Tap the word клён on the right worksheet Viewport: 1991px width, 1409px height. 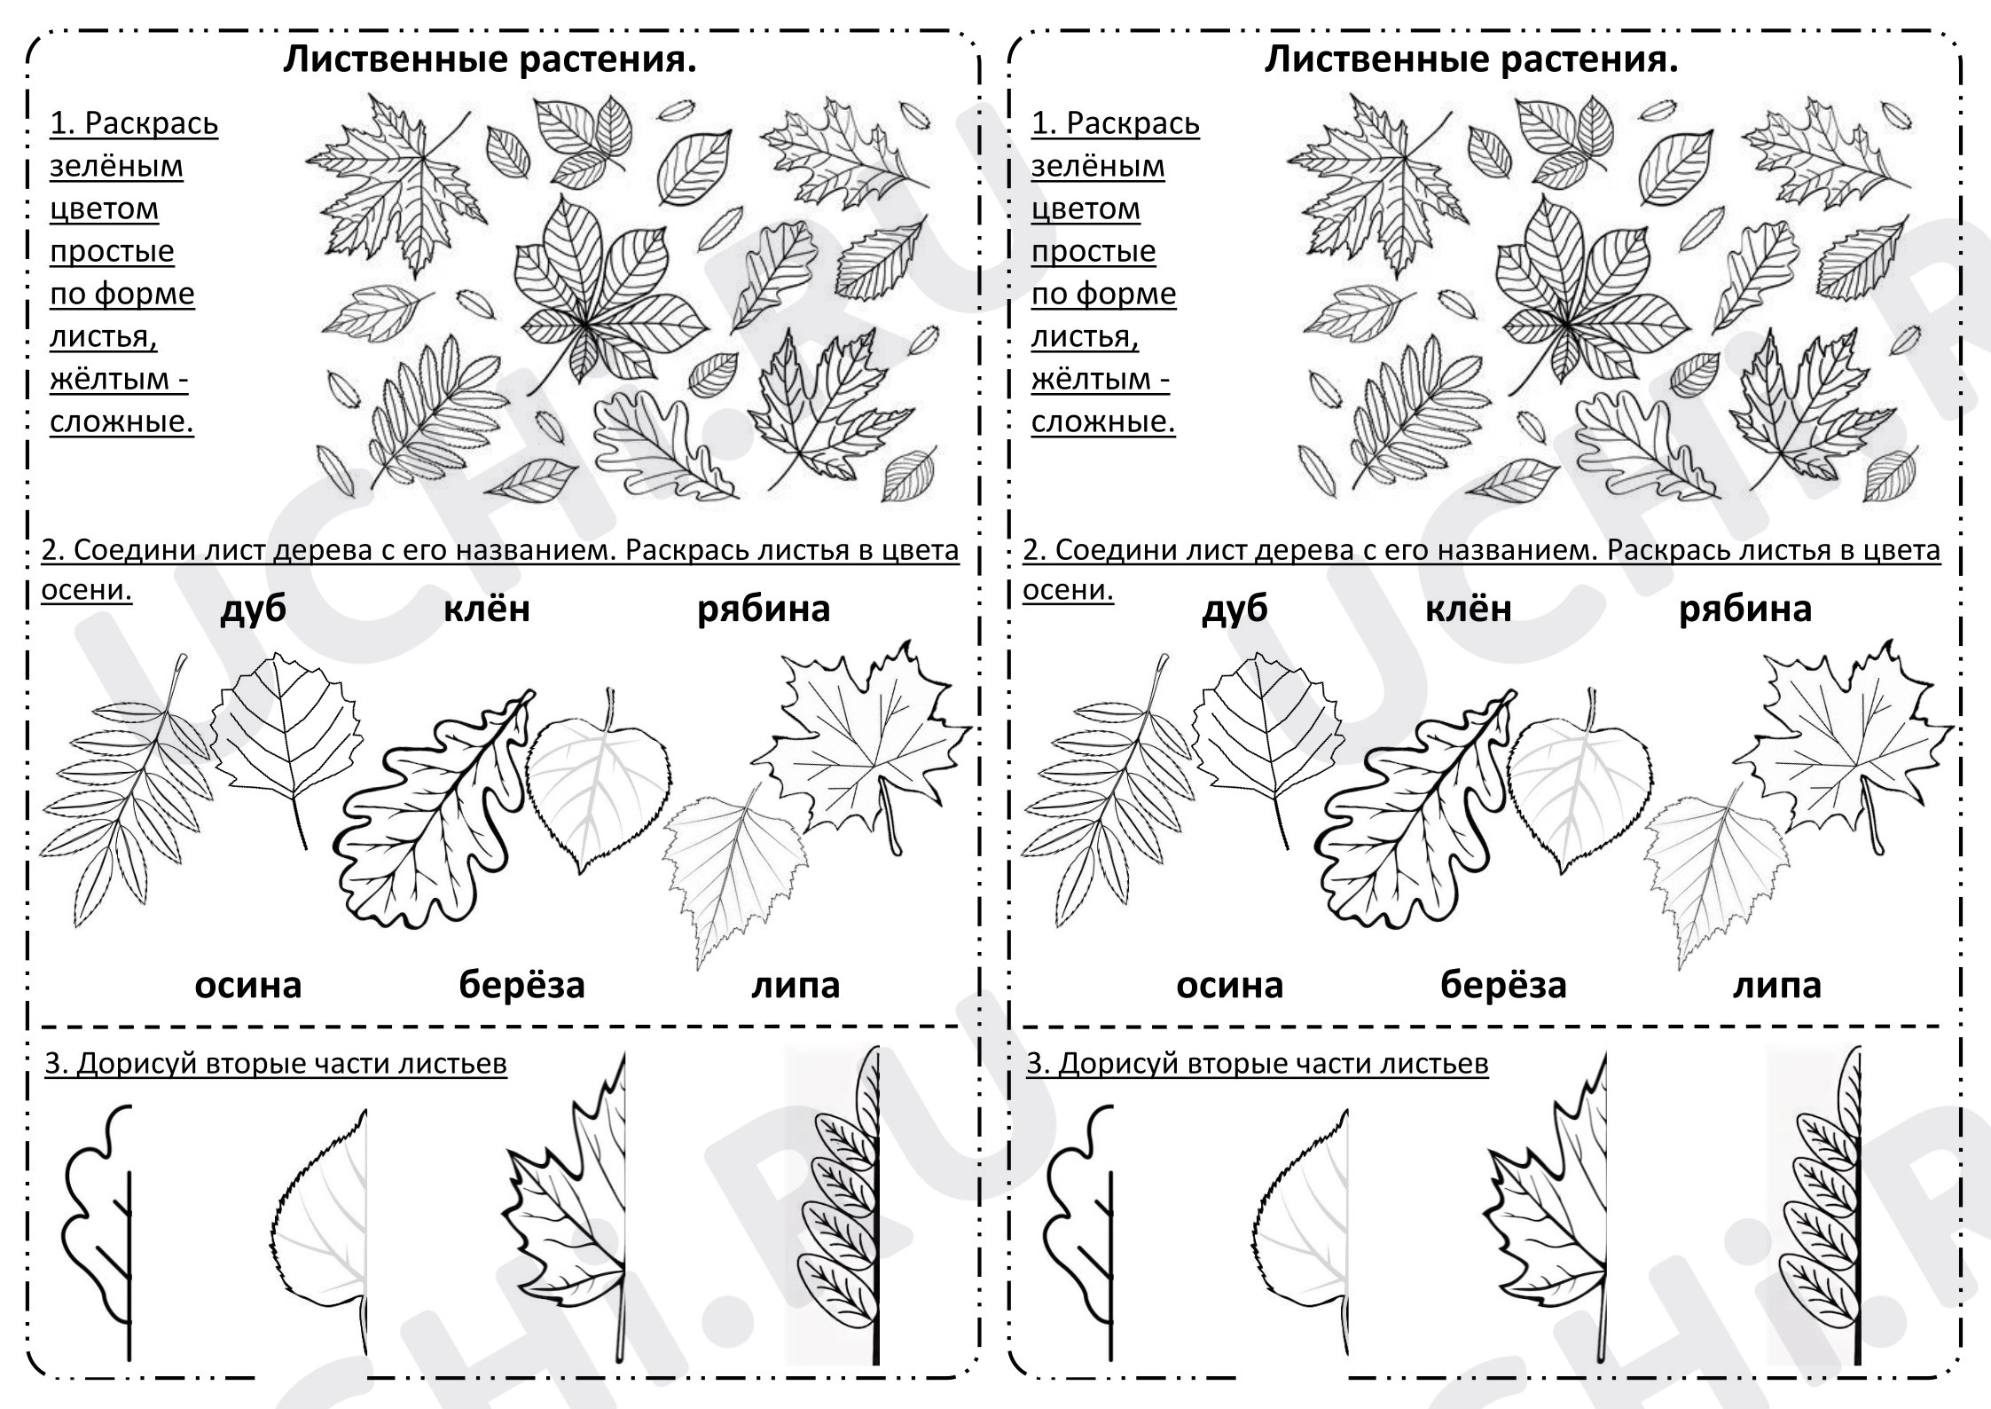[1469, 609]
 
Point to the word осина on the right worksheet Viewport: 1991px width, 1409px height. [1229, 985]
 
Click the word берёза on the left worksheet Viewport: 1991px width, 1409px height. [521, 985]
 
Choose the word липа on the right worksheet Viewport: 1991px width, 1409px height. [1776, 985]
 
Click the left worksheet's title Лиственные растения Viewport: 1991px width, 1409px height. [490, 59]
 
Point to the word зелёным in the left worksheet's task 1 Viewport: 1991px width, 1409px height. [116, 167]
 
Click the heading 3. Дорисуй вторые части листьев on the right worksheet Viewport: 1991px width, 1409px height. [1258, 1063]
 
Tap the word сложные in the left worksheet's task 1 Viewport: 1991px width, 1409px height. [121, 421]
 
